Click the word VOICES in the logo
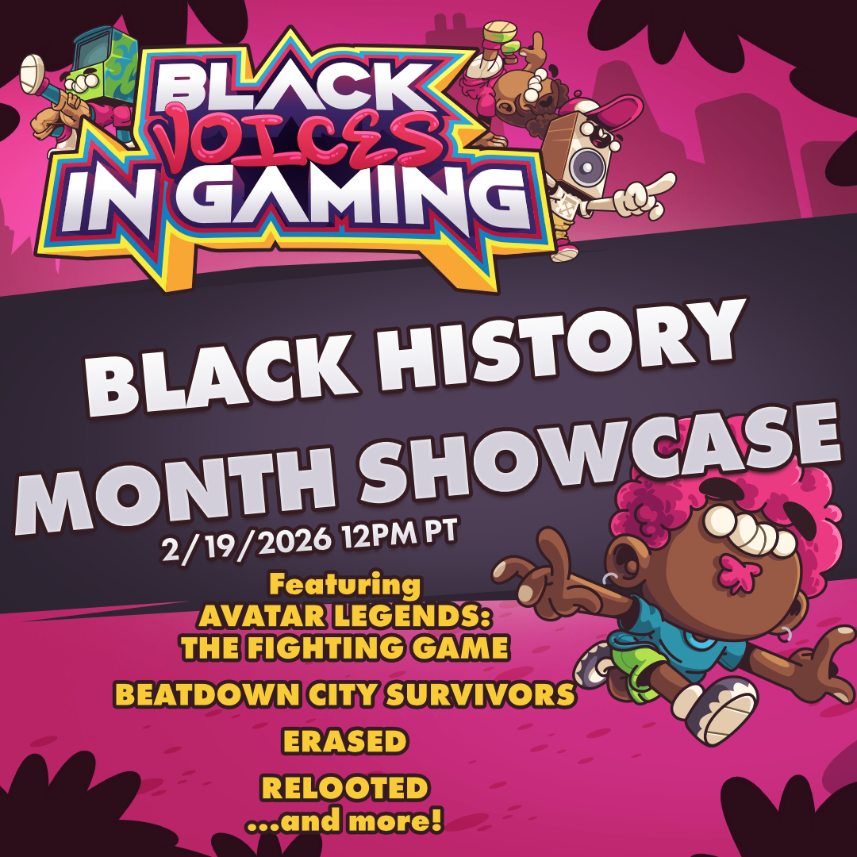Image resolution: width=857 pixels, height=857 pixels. pos(298,136)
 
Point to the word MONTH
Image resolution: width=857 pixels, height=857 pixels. pos(175,489)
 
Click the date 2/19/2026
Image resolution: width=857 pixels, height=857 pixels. pos(246,542)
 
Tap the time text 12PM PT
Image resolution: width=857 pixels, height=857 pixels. pos(399,532)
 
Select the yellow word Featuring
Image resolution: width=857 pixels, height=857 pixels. pos(345,585)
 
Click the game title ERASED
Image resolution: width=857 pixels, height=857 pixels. pos(345,741)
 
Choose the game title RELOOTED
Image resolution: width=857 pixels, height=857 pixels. pos(345,788)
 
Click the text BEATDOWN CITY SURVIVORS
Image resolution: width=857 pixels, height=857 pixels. pos(345,694)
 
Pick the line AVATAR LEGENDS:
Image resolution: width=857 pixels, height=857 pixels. pos(345,616)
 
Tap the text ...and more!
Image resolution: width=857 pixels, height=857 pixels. pos(345,820)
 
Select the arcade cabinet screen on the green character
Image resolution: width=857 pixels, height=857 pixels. pos(92,52)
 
